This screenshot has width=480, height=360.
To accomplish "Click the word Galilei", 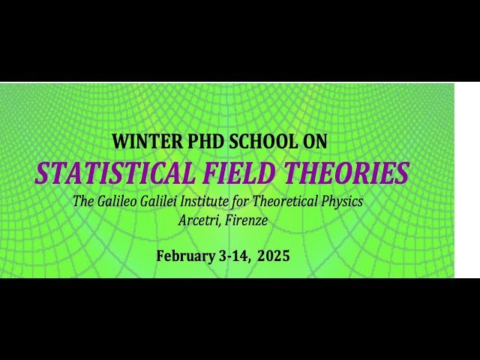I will click(x=168, y=202).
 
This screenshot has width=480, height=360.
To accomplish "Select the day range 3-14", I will click(x=232, y=256).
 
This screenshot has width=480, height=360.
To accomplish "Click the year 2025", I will click(x=273, y=256).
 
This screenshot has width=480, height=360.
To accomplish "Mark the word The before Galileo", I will click(x=83, y=202).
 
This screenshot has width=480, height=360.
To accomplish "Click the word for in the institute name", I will click(x=253, y=202).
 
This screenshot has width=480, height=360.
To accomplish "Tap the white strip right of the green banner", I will click(x=466, y=180).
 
